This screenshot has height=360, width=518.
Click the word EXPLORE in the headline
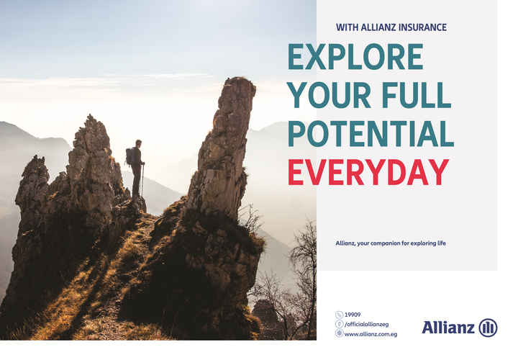click(355, 57)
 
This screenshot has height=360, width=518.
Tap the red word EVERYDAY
click(368, 172)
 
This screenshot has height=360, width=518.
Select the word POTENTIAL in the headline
click(371, 133)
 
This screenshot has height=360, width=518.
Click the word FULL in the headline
click(417, 95)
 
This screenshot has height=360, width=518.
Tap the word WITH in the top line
click(347, 27)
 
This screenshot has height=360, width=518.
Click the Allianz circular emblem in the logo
click(488, 328)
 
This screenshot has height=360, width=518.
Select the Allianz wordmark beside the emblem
click(448, 328)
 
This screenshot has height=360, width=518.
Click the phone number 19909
click(353, 315)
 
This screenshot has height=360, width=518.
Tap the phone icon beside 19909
click(339, 315)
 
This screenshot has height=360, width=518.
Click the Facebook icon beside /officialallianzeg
click(339, 323)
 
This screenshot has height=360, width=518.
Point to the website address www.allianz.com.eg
click(371, 334)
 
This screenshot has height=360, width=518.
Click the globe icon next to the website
click(339, 333)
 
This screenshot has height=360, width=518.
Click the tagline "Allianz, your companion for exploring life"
click(391, 243)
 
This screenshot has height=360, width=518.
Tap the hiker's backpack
click(129, 156)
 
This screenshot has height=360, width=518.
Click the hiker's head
click(139, 143)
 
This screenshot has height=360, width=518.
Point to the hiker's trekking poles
click(142, 179)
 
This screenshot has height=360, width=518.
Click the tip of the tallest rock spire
click(239, 78)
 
